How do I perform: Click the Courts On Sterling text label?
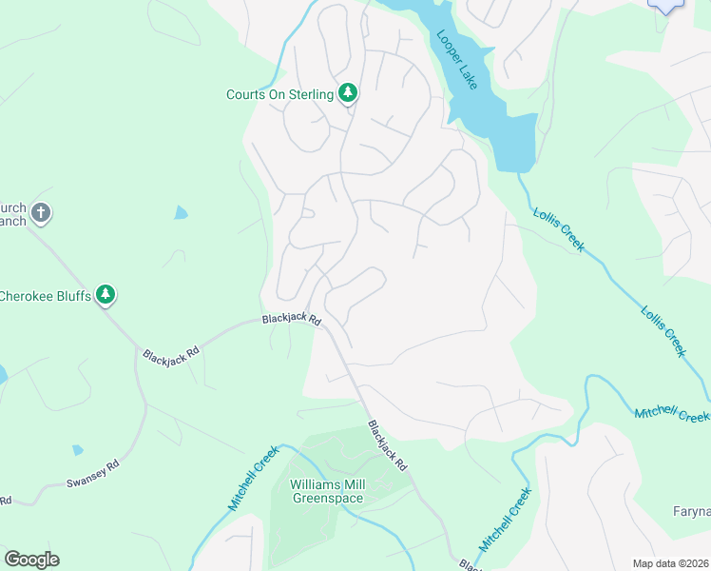(x=279, y=94)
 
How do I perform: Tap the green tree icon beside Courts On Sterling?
(x=349, y=92)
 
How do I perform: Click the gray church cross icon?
(x=40, y=213)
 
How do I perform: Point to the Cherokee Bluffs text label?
(x=46, y=296)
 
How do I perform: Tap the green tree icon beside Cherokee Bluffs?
(x=106, y=295)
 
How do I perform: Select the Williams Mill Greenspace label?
(x=328, y=490)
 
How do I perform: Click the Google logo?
(x=31, y=560)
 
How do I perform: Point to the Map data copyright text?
(x=670, y=563)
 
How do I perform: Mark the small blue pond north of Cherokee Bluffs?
(x=181, y=213)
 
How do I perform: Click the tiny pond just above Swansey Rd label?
(x=77, y=449)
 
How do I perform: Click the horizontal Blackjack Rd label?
(x=292, y=321)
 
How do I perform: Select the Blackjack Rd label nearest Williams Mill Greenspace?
(x=387, y=446)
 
